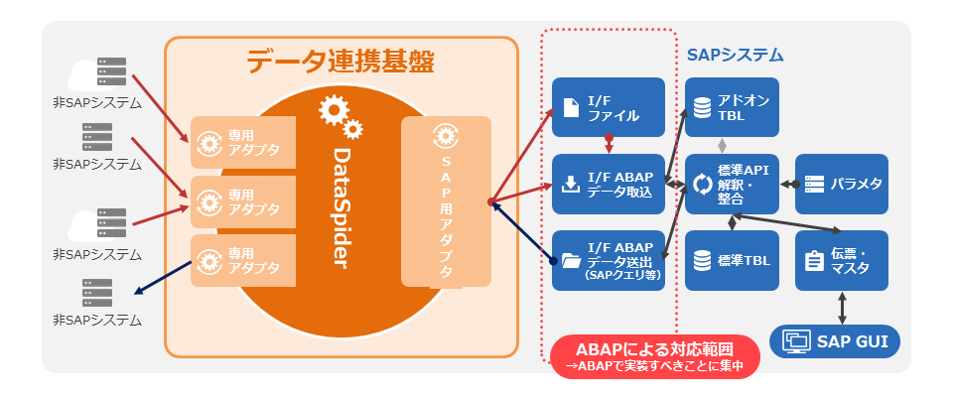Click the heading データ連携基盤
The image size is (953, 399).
click(x=340, y=62)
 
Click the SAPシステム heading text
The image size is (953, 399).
click(x=735, y=55)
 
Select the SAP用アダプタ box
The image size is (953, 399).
click(x=446, y=201)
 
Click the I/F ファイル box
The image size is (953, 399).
click(x=610, y=108)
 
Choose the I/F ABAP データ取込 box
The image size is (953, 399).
click(x=610, y=185)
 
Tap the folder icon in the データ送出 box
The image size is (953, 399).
click(x=571, y=261)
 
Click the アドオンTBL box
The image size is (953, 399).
click(x=732, y=108)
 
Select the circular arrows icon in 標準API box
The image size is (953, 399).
click(x=703, y=185)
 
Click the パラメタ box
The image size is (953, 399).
click(x=842, y=185)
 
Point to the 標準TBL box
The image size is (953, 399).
click(x=732, y=261)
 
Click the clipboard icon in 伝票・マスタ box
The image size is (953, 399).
click(x=813, y=261)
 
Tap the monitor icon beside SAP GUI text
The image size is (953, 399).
click(x=796, y=342)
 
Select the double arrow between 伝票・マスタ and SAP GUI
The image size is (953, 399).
click(x=842, y=308)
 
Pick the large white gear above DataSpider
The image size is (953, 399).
click(x=332, y=108)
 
